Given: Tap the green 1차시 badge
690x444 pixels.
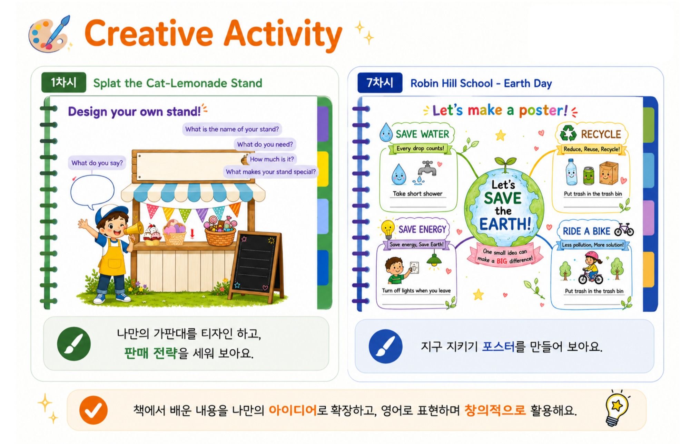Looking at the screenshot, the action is pos(64,83).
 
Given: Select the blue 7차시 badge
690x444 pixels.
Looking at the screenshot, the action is pos(380,83).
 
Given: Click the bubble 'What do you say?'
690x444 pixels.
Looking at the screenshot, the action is pos(97,163).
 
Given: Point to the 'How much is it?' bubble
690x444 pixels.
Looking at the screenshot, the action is pos(272,159).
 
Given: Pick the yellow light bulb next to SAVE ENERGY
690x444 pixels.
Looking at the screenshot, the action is pos(387,229).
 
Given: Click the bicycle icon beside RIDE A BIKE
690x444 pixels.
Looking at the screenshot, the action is pos(624,229).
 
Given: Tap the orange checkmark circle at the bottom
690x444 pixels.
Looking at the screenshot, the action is pos(93,410).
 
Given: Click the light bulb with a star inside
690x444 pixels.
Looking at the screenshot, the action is pos(617,408).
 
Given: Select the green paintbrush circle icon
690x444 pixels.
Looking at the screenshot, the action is pos(74,344).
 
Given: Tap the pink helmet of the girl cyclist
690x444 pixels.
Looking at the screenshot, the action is pos(591,256).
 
